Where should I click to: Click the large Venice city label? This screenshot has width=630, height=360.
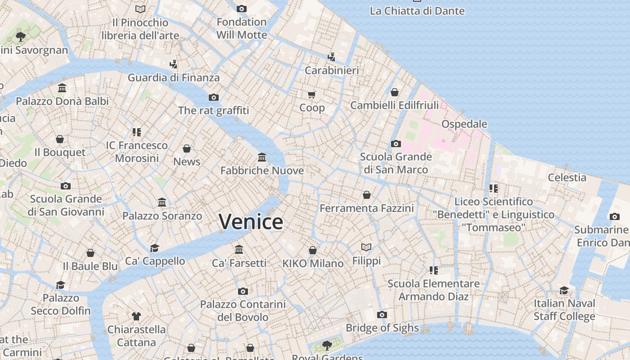point(251,221)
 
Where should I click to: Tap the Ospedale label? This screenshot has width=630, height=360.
point(464,124)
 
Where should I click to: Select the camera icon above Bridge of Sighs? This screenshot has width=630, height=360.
point(382,315)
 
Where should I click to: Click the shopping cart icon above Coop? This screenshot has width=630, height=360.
point(312,94)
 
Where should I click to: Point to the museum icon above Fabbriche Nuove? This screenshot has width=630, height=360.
point(262,157)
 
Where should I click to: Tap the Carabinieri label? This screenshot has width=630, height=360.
point(332,70)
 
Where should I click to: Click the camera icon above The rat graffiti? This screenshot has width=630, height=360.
point(213,97)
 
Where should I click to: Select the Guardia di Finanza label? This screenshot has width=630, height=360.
point(174,77)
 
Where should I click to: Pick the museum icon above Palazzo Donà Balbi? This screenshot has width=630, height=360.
point(62,88)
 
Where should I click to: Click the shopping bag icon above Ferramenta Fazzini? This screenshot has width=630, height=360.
point(367,195)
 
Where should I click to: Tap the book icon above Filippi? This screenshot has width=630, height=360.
point(366,247)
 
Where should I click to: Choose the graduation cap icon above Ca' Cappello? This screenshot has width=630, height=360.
point(155,248)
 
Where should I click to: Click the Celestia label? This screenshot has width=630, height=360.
point(567,177)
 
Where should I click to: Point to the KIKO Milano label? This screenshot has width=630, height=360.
point(313,263)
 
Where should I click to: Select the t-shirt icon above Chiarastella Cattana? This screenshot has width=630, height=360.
point(136,316)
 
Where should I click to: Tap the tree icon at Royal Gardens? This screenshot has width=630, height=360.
point(327,345)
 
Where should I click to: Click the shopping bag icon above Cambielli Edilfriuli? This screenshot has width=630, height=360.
point(395,92)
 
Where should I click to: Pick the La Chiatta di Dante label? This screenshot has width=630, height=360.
point(417,11)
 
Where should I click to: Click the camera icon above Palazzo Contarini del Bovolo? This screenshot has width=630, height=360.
point(243,291)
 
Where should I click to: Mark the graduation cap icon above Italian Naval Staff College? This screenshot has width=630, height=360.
point(564,290)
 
